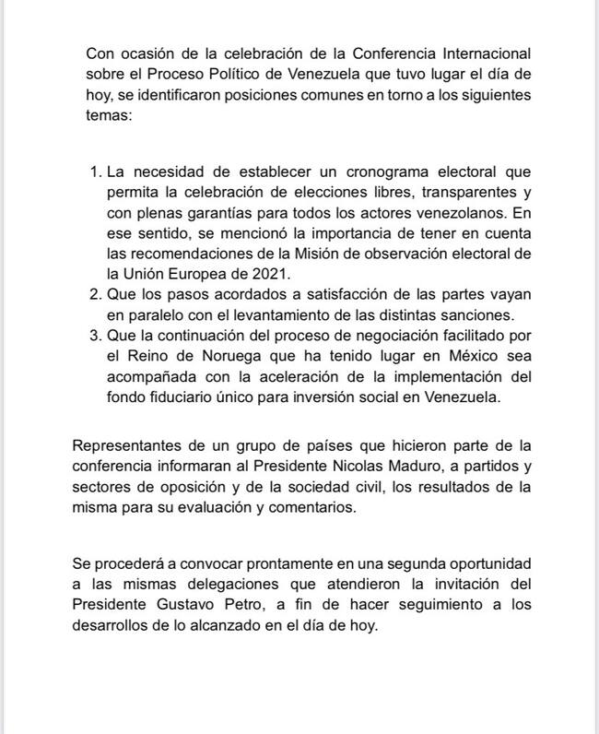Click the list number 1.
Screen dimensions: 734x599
pyautogui.click(x=95, y=172)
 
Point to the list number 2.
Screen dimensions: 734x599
pyautogui.click(x=95, y=294)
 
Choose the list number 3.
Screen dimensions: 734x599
pyautogui.click(x=95, y=336)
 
